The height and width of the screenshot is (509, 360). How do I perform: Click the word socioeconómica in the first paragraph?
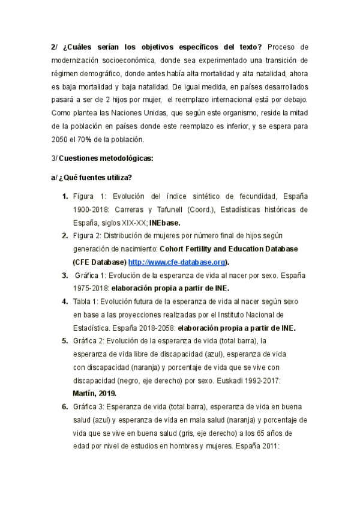pyautogui.click(x=128, y=60)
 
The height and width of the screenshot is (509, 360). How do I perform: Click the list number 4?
pyautogui.click(x=64, y=301)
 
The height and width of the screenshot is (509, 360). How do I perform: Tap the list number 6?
pyautogui.click(x=64, y=406)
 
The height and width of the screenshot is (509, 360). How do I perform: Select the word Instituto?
pyautogui.click(x=230, y=315)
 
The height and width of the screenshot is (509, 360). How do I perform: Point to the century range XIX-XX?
pyautogui.click(x=135, y=222)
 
